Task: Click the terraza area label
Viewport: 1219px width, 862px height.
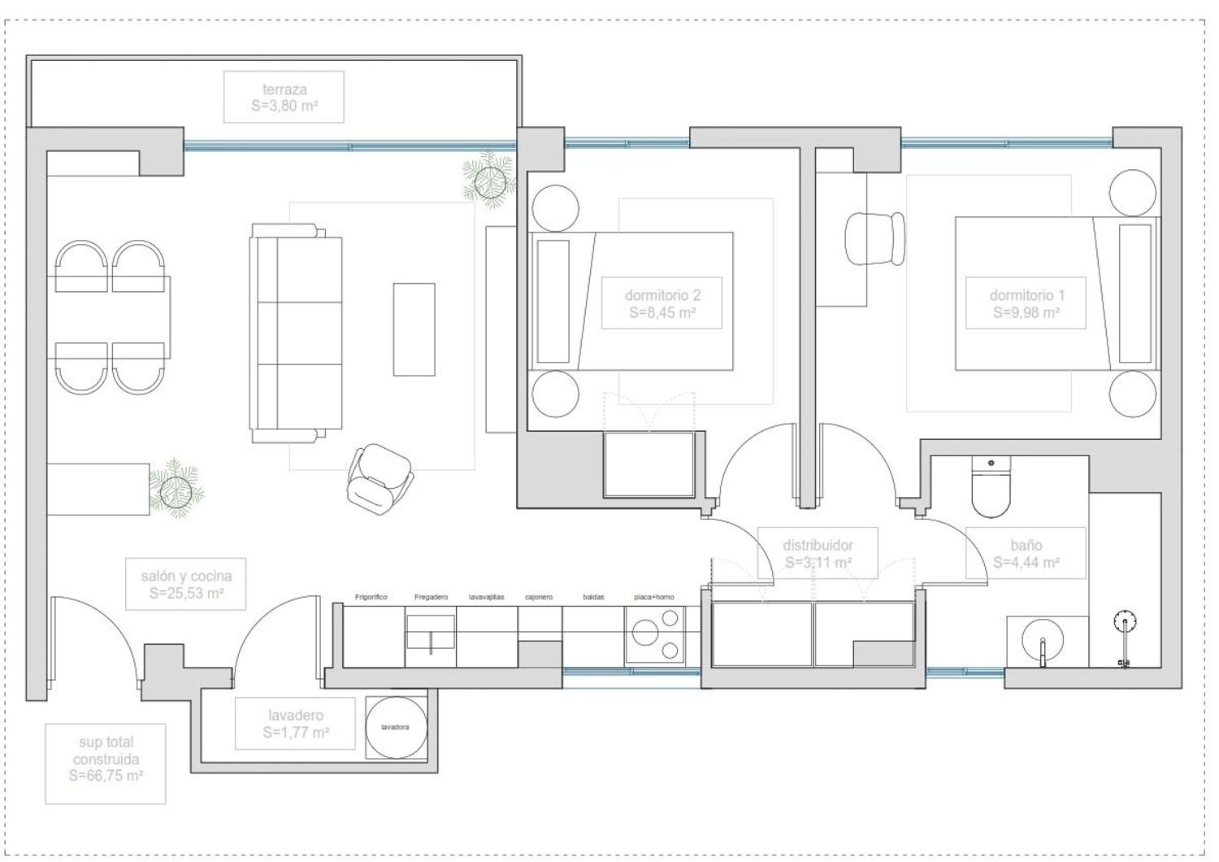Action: (x=284, y=97)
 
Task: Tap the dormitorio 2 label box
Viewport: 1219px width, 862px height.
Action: (x=662, y=303)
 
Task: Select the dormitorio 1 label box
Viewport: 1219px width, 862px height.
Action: (x=1026, y=303)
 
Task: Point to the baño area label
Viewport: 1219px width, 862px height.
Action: (x=1026, y=553)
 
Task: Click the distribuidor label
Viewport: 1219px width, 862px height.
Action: (x=818, y=553)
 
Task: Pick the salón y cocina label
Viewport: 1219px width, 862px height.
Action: (x=186, y=584)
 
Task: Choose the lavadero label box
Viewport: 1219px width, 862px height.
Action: (x=295, y=723)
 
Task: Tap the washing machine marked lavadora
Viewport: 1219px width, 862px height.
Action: (x=396, y=728)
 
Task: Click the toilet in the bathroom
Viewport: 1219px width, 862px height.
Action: (x=991, y=486)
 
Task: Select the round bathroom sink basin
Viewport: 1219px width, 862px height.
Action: (x=1042, y=642)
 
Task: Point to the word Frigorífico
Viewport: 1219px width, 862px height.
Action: (x=371, y=597)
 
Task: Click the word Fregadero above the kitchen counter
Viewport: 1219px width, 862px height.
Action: (x=431, y=597)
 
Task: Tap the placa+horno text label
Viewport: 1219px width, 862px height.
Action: (x=654, y=597)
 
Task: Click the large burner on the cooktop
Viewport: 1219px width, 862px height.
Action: (x=646, y=633)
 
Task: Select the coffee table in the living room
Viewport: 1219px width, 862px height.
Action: (x=414, y=329)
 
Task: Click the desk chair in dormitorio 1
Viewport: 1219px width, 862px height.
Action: (x=874, y=239)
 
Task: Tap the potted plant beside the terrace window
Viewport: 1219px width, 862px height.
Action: (x=490, y=181)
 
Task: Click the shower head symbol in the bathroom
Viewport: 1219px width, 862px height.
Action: (x=1125, y=622)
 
